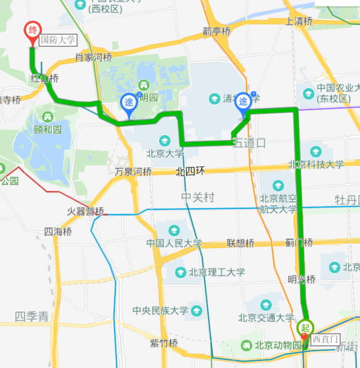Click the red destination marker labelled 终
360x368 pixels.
(x=33, y=32)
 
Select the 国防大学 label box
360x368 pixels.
(x=58, y=40)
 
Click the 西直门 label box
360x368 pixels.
(x=326, y=339)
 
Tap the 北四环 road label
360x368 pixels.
(x=190, y=172)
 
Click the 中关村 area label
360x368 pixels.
(x=198, y=197)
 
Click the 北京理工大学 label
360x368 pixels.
(x=217, y=272)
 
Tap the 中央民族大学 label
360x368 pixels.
(x=160, y=311)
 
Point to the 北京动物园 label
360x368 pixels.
(x=277, y=345)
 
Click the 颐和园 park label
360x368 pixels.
(x=48, y=129)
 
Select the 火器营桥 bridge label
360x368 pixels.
(x=85, y=211)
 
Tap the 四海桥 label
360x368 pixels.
(x=58, y=232)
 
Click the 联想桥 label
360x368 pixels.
(x=240, y=243)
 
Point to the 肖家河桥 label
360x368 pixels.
(x=93, y=58)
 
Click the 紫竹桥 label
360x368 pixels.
(x=164, y=343)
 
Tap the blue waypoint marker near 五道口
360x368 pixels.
(x=244, y=101)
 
